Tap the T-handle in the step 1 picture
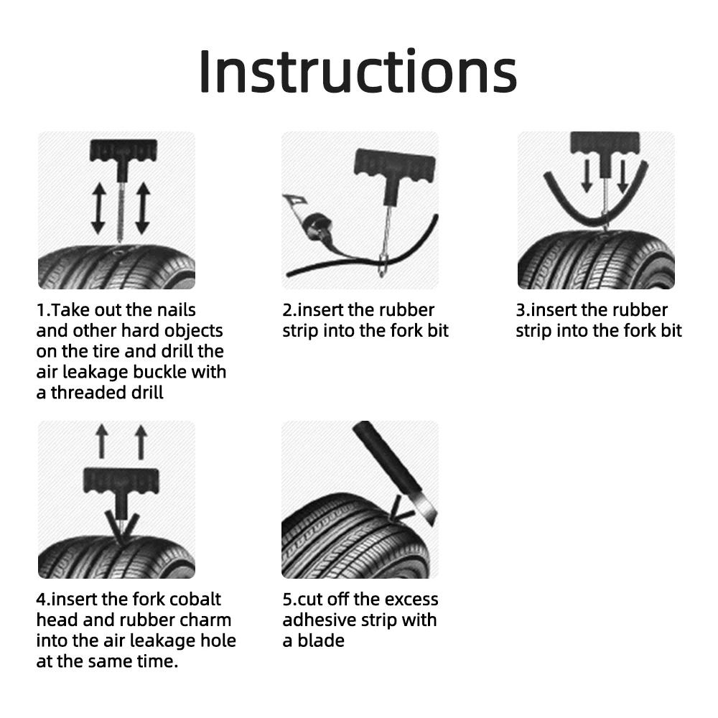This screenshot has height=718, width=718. point(116,151)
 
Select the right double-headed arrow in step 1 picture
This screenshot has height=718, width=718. point(142,208)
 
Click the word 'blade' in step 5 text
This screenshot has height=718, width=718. point(322,640)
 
